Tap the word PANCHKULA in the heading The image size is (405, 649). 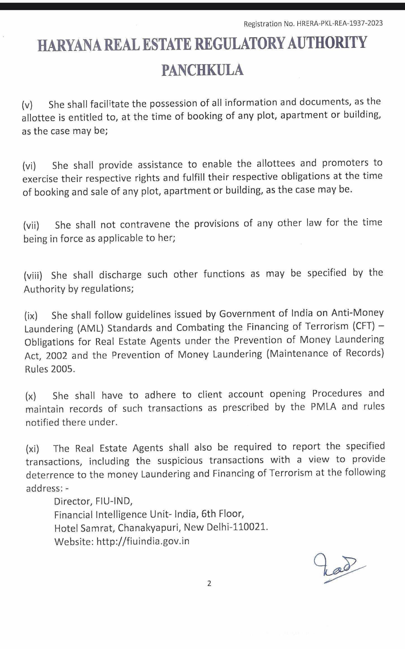point(202,70)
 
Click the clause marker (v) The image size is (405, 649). point(27,105)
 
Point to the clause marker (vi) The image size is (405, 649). point(29,166)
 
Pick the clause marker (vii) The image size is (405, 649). point(31,226)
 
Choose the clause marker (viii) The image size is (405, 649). point(33,276)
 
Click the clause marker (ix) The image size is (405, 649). point(31,316)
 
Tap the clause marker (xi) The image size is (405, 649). point(32,449)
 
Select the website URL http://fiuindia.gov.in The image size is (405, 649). point(143,541)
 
